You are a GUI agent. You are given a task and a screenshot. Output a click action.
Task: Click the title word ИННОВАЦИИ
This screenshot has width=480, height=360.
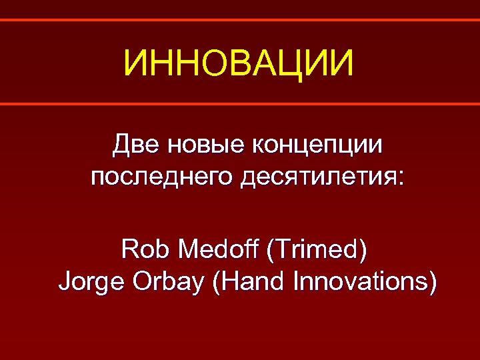(x=239, y=64)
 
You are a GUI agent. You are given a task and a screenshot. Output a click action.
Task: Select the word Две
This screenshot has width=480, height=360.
(x=131, y=144)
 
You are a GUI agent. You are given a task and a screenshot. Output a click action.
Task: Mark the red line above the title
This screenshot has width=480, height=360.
(x=240, y=20)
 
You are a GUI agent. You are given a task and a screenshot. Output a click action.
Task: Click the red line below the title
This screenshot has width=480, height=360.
(x=240, y=104)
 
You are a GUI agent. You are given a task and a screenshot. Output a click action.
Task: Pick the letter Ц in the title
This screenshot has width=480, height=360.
(x=294, y=65)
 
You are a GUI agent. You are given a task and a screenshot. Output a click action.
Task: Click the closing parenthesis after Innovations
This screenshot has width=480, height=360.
(x=433, y=283)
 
